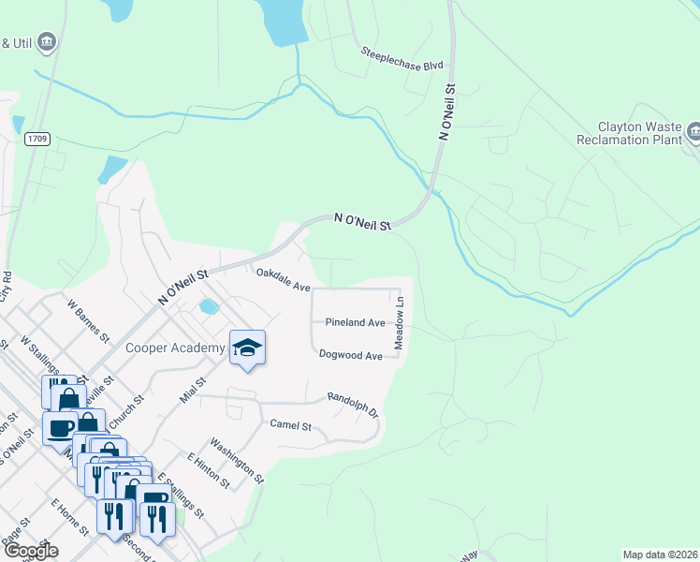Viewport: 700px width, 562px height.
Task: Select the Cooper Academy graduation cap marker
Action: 247,348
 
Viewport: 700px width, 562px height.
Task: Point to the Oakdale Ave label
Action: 283,278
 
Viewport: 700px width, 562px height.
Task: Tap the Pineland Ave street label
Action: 355,322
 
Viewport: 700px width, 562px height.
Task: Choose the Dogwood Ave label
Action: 351,356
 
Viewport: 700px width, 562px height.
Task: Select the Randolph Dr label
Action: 352,405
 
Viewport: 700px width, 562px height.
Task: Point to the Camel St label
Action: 290,424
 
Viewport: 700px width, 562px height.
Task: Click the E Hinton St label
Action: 208,469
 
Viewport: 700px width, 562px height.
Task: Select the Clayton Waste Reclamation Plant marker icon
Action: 693,130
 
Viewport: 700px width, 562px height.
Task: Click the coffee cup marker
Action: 62,428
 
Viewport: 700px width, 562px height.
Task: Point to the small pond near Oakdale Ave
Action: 208,306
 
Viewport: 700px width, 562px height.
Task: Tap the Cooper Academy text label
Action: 176,348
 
